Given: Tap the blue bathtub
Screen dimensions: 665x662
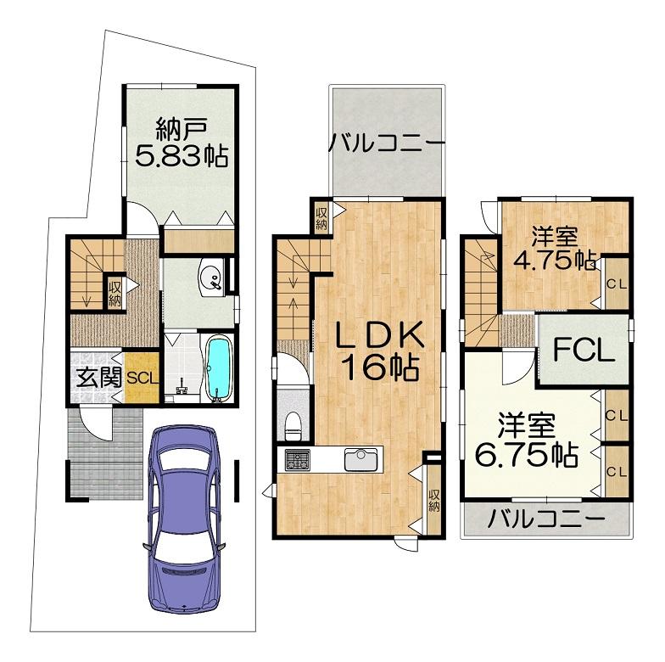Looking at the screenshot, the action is coord(219,368).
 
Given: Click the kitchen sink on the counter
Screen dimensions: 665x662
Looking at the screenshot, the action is coord(361,460).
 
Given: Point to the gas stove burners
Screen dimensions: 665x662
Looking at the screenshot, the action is coord(298,460).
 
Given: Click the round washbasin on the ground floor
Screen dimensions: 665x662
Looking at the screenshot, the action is coord(210,278).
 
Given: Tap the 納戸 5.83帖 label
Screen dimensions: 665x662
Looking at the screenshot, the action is coord(182,143).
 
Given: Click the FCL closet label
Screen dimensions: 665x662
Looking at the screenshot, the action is coord(584,351).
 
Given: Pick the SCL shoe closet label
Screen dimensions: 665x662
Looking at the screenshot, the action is coord(142,379).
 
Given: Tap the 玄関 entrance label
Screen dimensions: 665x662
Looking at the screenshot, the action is coord(98,377).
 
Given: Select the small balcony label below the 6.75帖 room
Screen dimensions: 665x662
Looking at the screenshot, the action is coord(546,519).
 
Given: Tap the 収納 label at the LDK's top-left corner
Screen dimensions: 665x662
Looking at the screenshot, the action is coord(321,218).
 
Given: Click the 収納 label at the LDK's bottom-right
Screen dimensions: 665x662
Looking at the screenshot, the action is coord(433,501).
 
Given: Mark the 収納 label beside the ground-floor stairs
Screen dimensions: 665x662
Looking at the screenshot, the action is coord(115,294).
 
